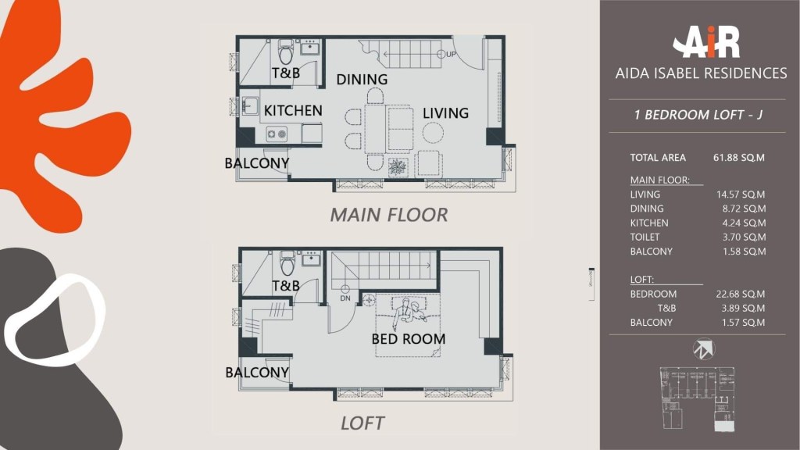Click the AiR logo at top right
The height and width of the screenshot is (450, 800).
(706, 42)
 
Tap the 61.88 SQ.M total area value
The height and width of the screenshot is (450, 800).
(739, 158)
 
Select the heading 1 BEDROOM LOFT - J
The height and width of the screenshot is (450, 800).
(698, 115)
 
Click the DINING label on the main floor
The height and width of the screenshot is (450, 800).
(362, 80)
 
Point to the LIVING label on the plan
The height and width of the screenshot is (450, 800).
(445, 112)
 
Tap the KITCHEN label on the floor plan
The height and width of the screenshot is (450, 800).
(293, 111)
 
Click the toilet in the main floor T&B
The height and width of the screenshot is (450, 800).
(286, 51)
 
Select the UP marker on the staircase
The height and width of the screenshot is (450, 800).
(446, 54)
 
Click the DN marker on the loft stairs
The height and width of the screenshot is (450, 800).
(345, 294)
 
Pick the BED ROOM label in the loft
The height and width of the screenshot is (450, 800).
(408, 339)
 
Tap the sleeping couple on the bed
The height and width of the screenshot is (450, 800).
(409, 312)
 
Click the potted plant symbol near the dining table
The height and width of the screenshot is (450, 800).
(398, 167)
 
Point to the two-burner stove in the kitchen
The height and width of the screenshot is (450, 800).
(277, 134)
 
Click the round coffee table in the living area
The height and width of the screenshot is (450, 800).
(433, 133)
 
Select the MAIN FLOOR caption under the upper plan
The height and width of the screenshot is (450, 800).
(389, 215)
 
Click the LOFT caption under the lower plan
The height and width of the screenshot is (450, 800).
(362, 423)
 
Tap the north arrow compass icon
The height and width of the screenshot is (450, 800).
(704, 349)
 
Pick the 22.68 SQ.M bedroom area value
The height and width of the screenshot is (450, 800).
(741, 294)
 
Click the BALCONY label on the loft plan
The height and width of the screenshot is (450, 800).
(257, 373)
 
